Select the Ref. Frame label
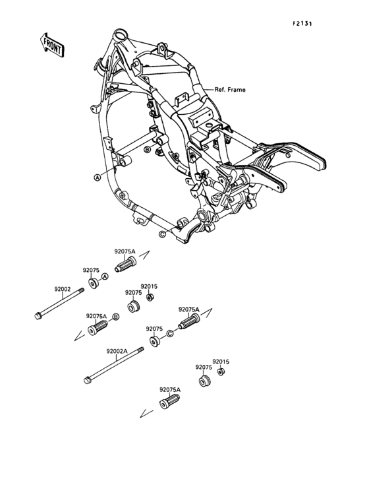tap(229, 90)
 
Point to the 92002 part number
tap(63, 288)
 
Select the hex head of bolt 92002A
tap(87, 379)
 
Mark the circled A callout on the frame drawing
tap(97, 177)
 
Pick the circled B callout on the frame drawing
tap(148, 150)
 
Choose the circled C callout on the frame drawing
tap(162, 233)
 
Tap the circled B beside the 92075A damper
tap(117, 317)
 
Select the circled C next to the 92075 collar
tap(169, 335)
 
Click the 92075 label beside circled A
tap(91, 271)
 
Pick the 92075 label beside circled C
tap(154, 328)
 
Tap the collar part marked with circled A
tap(94, 284)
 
